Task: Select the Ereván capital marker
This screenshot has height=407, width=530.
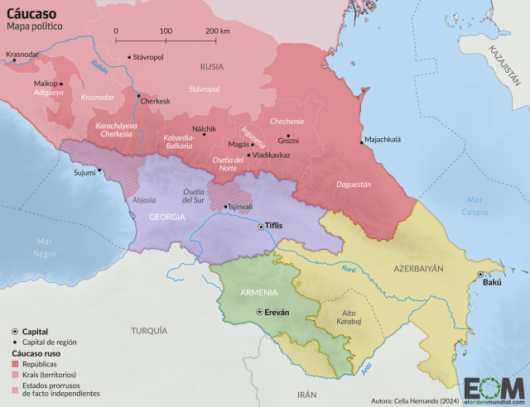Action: pos(261,311)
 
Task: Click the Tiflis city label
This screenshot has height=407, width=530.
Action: pos(274,225)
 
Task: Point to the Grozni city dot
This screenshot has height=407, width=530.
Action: pos(288,136)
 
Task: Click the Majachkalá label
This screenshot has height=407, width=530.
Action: pos(383,140)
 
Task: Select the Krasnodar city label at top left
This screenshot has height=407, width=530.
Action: pos(22,55)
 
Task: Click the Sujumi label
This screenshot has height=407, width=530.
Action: pos(84,173)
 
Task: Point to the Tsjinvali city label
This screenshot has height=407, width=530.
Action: pos(240,207)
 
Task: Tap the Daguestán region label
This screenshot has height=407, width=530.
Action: pos(354,184)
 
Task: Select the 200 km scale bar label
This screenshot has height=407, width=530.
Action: pos(217,30)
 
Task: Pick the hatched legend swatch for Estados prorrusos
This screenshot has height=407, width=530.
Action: pos(15,389)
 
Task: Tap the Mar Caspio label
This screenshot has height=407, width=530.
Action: pos(475,206)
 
